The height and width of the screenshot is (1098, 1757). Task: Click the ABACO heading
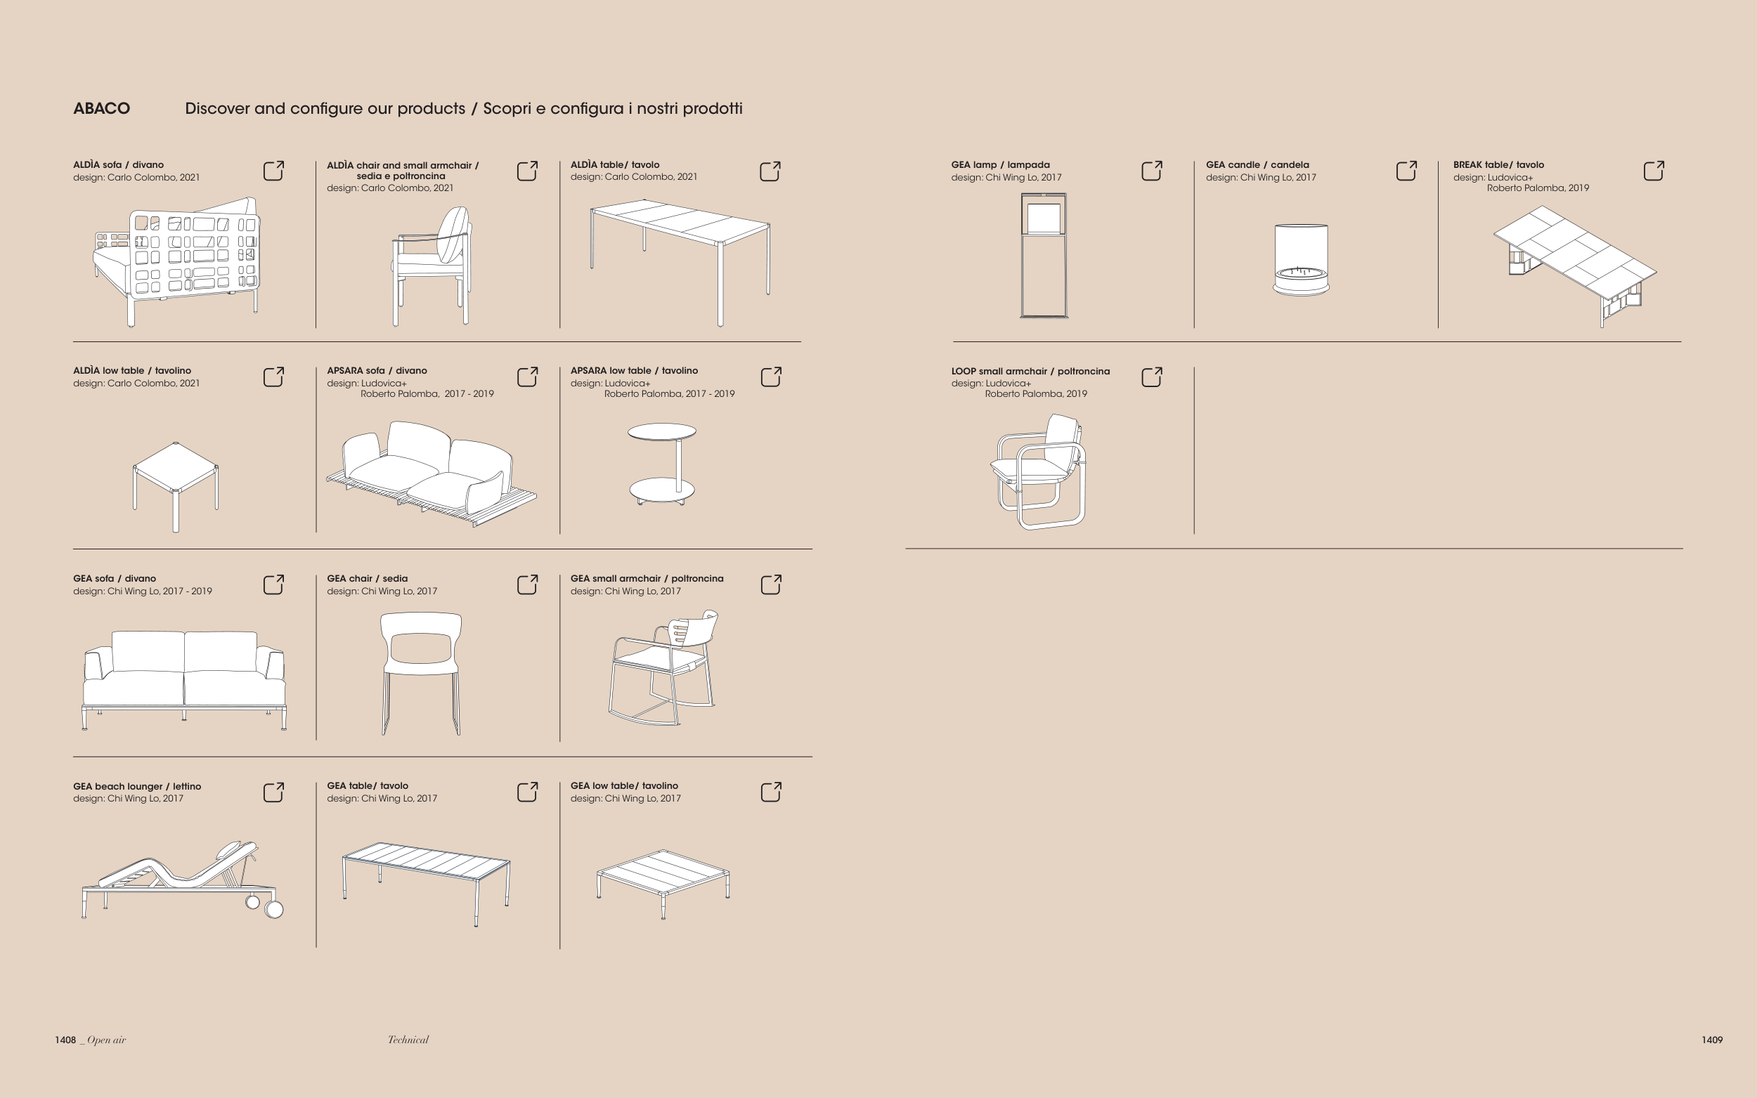102,109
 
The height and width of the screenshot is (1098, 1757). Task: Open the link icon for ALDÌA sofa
273,171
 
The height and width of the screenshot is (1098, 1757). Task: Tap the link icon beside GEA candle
1406,171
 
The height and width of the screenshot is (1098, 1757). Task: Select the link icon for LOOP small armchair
1152,377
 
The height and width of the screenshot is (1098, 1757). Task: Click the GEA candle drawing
1301,259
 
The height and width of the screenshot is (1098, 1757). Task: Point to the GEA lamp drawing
1044,256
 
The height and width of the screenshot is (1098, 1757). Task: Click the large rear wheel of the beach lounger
274,909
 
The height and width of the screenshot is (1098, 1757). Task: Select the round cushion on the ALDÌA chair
452,235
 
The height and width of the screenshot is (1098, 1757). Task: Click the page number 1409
1712,1040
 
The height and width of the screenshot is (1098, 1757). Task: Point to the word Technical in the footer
408,1040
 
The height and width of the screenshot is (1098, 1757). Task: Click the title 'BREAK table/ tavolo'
1498,165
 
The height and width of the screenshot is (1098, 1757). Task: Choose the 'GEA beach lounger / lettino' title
137,787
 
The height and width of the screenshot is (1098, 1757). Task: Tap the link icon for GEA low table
771,792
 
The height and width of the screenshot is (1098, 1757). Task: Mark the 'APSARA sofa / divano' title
377,370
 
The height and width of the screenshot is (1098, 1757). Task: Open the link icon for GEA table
527,792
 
